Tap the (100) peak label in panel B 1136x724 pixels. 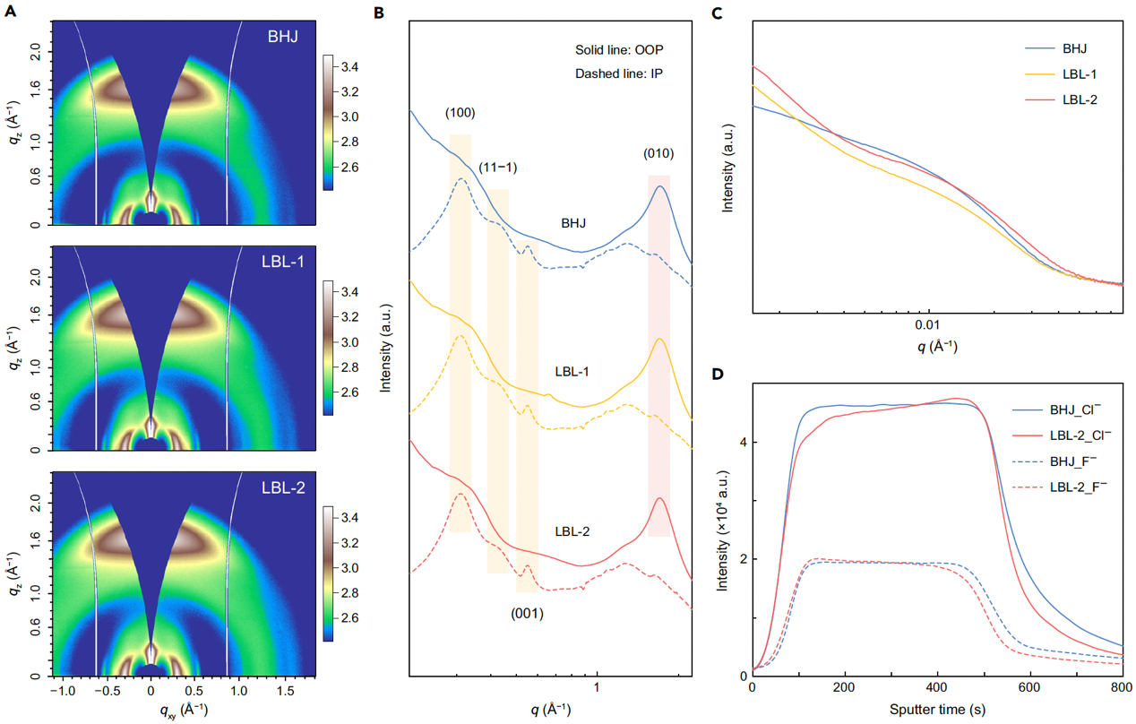[460, 114]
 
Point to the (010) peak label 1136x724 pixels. [658, 153]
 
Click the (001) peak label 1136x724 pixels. [527, 614]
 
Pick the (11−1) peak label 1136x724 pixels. [497, 168]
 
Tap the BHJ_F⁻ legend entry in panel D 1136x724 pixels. [1075, 465]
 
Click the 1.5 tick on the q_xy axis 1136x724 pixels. [284, 692]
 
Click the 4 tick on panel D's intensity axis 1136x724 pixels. [741, 443]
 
